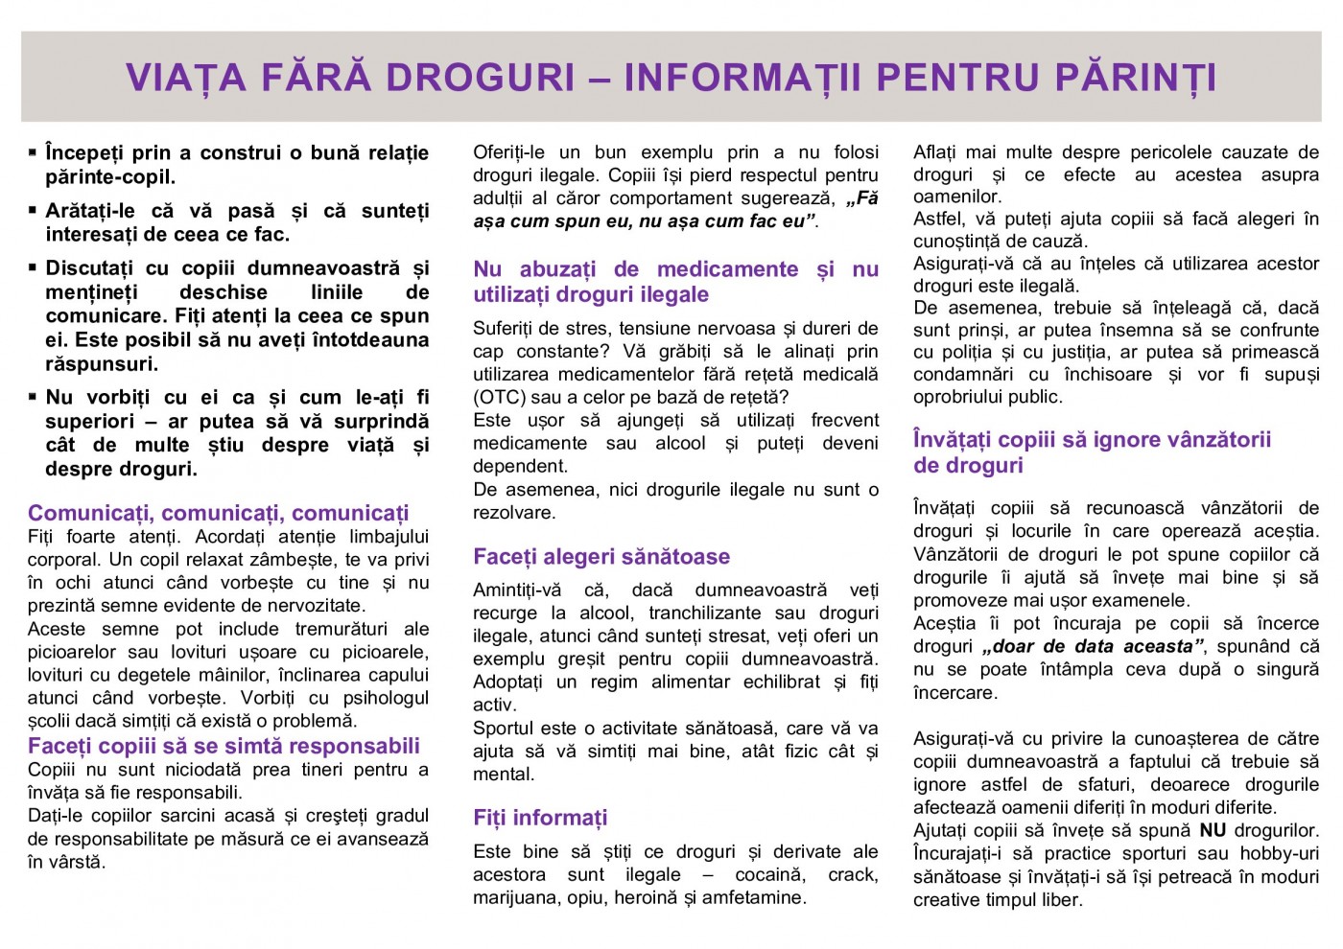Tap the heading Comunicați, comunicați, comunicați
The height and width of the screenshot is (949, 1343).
coord(218,513)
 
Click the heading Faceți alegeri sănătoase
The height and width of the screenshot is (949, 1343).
coord(601,557)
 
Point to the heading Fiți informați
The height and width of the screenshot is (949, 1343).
coord(540,818)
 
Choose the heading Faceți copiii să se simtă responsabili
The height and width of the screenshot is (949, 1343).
coord(224,747)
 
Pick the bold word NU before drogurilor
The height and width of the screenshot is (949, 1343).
coord(1213,830)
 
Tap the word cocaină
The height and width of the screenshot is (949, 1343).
coord(774,874)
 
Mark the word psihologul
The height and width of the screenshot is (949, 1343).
coord(386,698)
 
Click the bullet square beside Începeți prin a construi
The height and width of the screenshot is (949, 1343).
coord(33,152)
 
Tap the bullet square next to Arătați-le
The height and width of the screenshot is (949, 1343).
coord(33,210)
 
